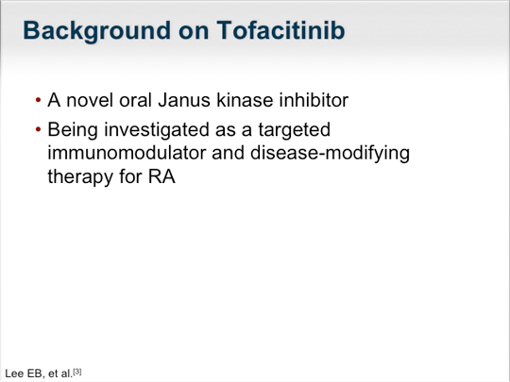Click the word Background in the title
tap(96, 31)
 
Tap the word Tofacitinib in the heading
tap(280, 30)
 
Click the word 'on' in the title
tap(194, 33)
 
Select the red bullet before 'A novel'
tap(38, 100)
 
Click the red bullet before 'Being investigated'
tap(38, 129)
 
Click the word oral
tap(135, 100)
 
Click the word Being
tap(73, 130)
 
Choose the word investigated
tap(157, 130)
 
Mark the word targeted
tap(295, 130)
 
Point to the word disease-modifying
tap(330, 154)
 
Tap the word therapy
tap(80, 177)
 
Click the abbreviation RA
tap(161, 177)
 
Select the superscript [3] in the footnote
tap(77, 372)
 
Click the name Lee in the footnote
tap(14, 374)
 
